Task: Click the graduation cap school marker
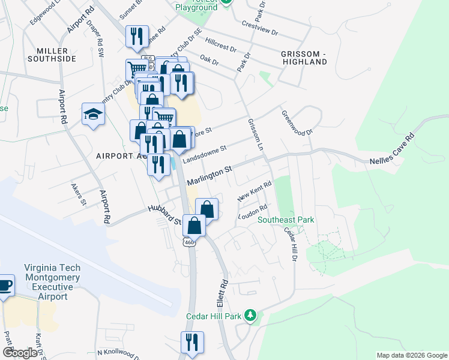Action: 94,113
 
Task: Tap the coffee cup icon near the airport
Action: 4,286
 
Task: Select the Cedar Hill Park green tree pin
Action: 253,315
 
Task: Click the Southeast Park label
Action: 286,220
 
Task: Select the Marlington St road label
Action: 209,176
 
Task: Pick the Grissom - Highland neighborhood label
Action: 303,58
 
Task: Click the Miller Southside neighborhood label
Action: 52,55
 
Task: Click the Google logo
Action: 20,353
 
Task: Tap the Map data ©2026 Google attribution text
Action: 411,355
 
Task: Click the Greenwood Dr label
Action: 298,122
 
